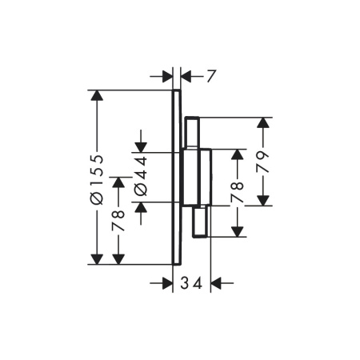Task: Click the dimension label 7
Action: [210, 76]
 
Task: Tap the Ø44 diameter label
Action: [141, 176]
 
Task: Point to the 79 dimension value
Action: [262, 162]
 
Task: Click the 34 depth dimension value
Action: [191, 283]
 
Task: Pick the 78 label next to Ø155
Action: [118, 221]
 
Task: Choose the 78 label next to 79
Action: [237, 192]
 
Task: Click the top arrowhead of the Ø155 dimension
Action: [97, 95]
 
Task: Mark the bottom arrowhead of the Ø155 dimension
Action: [97, 259]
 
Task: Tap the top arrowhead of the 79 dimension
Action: [263, 122]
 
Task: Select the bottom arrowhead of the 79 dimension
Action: [263, 200]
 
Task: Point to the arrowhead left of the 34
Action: [167, 283]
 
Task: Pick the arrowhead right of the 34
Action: [216, 283]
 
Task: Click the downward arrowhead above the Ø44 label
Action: [141, 147]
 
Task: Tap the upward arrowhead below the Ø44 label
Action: [141, 207]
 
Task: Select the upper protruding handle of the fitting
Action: [192, 132]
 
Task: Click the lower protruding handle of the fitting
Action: [200, 222]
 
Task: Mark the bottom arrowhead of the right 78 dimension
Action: [237, 231]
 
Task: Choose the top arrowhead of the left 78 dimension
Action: [118, 182]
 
